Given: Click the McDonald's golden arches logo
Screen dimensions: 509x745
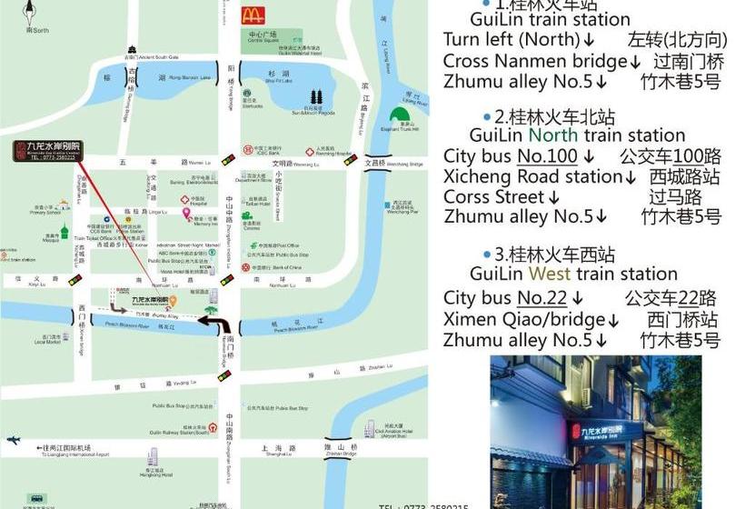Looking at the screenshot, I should (253, 15).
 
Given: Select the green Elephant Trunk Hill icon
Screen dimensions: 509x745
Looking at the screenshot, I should (398, 115).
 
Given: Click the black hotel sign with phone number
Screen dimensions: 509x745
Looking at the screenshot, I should (47, 151).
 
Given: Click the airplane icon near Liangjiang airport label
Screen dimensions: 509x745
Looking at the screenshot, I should (13, 440).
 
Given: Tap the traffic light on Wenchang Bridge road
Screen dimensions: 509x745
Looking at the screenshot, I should (351, 160).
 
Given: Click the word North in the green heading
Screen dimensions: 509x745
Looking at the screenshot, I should (553, 135).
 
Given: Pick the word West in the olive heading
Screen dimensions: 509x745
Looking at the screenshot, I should (550, 274).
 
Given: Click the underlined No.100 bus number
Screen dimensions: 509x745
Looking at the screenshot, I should (548, 155).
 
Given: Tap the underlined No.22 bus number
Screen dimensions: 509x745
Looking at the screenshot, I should (542, 297).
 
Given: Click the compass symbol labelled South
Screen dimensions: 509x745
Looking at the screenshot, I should (35, 13).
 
